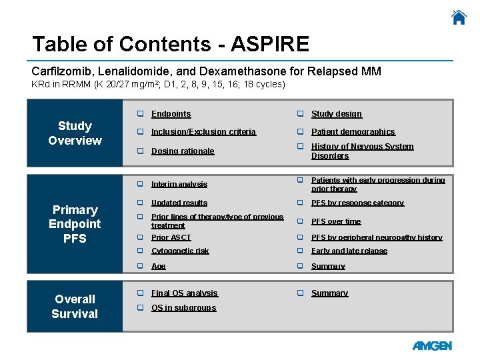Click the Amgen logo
(432, 346)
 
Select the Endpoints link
(171, 114)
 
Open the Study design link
(336, 114)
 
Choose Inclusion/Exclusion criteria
(203, 132)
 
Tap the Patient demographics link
(353, 132)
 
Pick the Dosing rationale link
(183, 151)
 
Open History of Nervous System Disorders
(362, 151)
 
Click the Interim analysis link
(179, 184)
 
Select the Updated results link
(179, 203)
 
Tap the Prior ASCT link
(171, 237)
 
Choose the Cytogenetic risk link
(180, 251)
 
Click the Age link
(158, 266)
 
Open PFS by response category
(357, 203)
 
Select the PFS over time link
(335, 221)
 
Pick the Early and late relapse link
(349, 251)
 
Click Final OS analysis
(184, 293)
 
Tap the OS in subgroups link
(183, 308)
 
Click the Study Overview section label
(75, 133)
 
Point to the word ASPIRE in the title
(270, 44)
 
